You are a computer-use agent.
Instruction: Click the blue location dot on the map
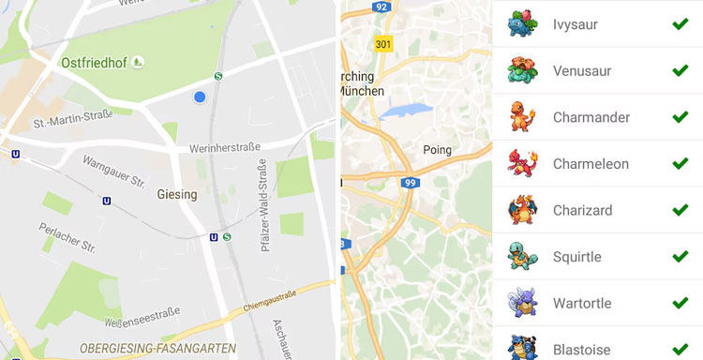pyautogui.click(x=200, y=97)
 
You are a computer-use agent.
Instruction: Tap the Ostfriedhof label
pyautogui.click(x=95, y=62)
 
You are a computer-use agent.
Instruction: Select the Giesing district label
pyautogui.click(x=176, y=195)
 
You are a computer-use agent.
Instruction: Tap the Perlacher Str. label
pyautogui.click(x=67, y=236)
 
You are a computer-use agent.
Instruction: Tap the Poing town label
pyautogui.click(x=437, y=149)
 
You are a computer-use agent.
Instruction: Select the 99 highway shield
pyautogui.click(x=409, y=183)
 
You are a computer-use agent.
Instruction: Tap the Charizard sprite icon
pyautogui.click(x=522, y=210)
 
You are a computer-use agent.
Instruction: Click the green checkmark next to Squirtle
pyautogui.click(x=680, y=256)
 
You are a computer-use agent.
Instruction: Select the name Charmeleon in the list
pyautogui.click(x=591, y=164)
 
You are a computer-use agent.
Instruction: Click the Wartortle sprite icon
pyautogui.click(x=522, y=302)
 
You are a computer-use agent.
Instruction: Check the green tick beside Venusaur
pyautogui.click(x=680, y=70)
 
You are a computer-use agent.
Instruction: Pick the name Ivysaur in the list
pyautogui.click(x=576, y=24)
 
